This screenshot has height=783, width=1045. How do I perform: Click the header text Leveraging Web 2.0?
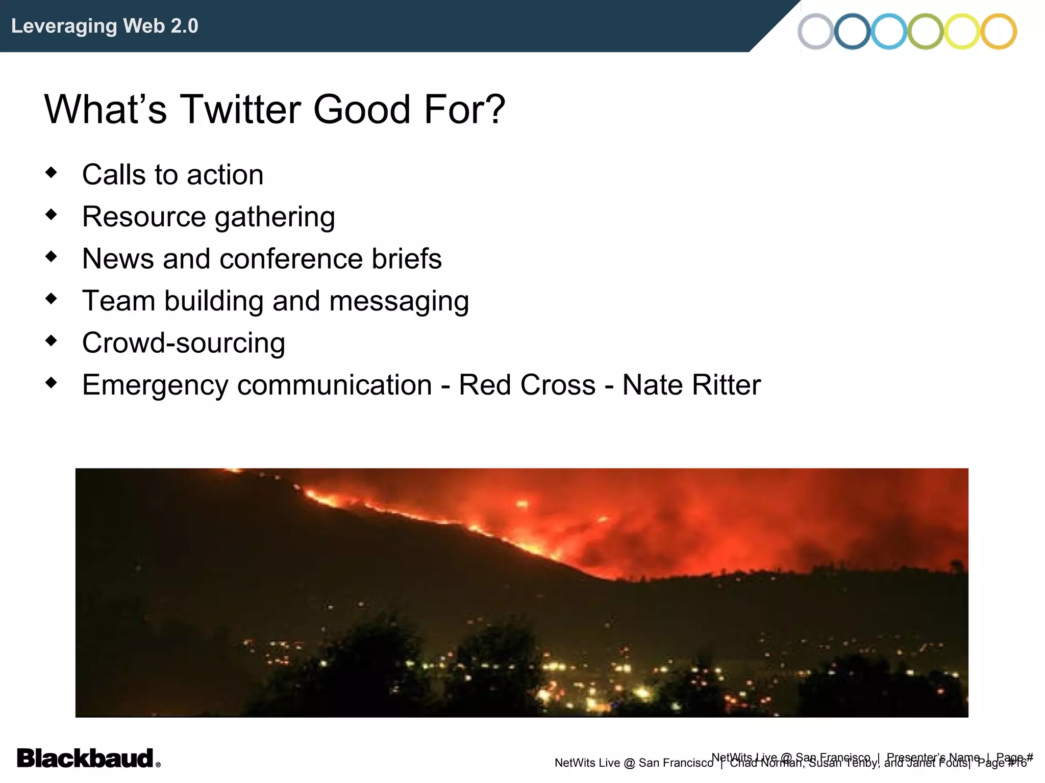pos(105,26)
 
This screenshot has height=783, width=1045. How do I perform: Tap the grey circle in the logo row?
pos(815,32)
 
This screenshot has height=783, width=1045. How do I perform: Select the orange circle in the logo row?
pos(999,32)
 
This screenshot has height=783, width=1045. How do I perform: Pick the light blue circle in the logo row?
pos(888,32)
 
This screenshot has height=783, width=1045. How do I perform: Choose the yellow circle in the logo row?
pos(962,32)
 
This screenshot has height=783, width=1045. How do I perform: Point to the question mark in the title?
pos(494,110)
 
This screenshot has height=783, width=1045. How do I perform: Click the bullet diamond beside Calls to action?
pos(51,172)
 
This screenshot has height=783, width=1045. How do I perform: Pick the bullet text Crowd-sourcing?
pos(183,343)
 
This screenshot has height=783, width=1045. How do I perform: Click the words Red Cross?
pos(527,385)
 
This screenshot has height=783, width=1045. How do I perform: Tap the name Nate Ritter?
pos(691,385)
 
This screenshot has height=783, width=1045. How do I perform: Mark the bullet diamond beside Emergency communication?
pos(51,382)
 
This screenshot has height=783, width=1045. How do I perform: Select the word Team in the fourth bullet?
pos(118,301)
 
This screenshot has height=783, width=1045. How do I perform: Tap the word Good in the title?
pos(362,110)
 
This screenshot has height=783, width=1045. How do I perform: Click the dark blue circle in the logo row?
pos(852,32)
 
